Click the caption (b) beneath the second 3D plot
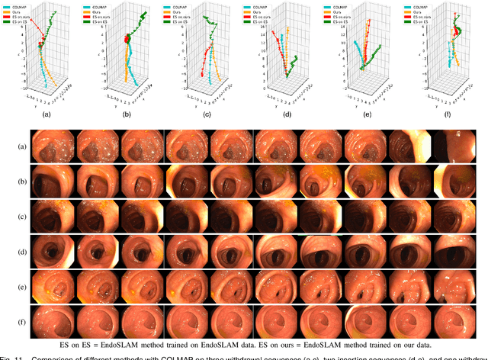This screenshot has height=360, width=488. click(x=127, y=114)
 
